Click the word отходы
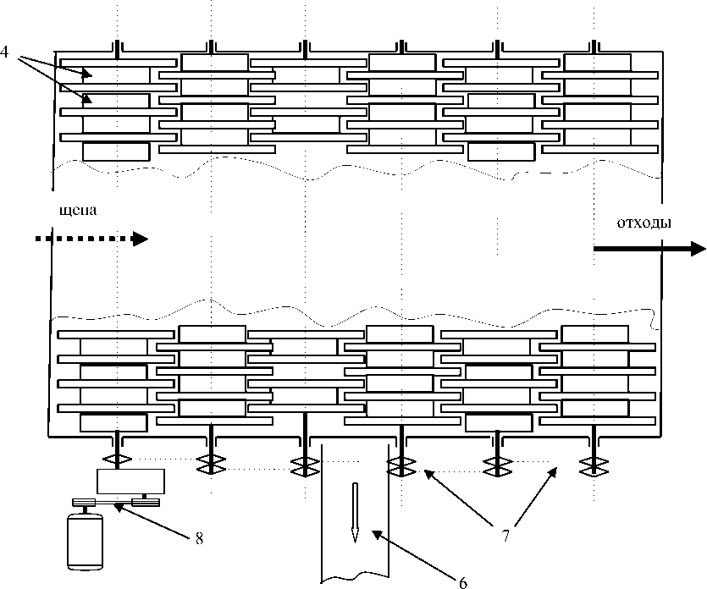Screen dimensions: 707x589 pos(643,223)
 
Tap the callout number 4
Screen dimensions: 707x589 pos(4,52)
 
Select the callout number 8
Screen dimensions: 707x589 pos(199,538)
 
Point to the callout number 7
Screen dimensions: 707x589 pos(505,536)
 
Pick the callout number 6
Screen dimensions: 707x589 pos(463,583)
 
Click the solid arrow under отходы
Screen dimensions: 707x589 pos(649,248)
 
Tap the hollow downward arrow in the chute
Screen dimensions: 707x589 pos(355,513)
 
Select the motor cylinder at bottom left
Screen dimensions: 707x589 pos(86,542)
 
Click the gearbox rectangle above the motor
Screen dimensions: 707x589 pos(130,482)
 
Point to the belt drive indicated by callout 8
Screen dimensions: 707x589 pos(115,502)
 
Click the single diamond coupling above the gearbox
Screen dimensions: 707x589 pos(117,460)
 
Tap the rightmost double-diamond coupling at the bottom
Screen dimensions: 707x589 pos(594,467)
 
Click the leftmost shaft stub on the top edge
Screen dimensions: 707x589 pos(117,49)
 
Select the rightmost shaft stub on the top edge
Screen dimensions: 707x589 pos(594,49)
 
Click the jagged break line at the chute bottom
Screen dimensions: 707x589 pos(355,576)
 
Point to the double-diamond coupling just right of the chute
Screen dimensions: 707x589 pos(401,466)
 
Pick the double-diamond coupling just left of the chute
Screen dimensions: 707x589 pos(306,466)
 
